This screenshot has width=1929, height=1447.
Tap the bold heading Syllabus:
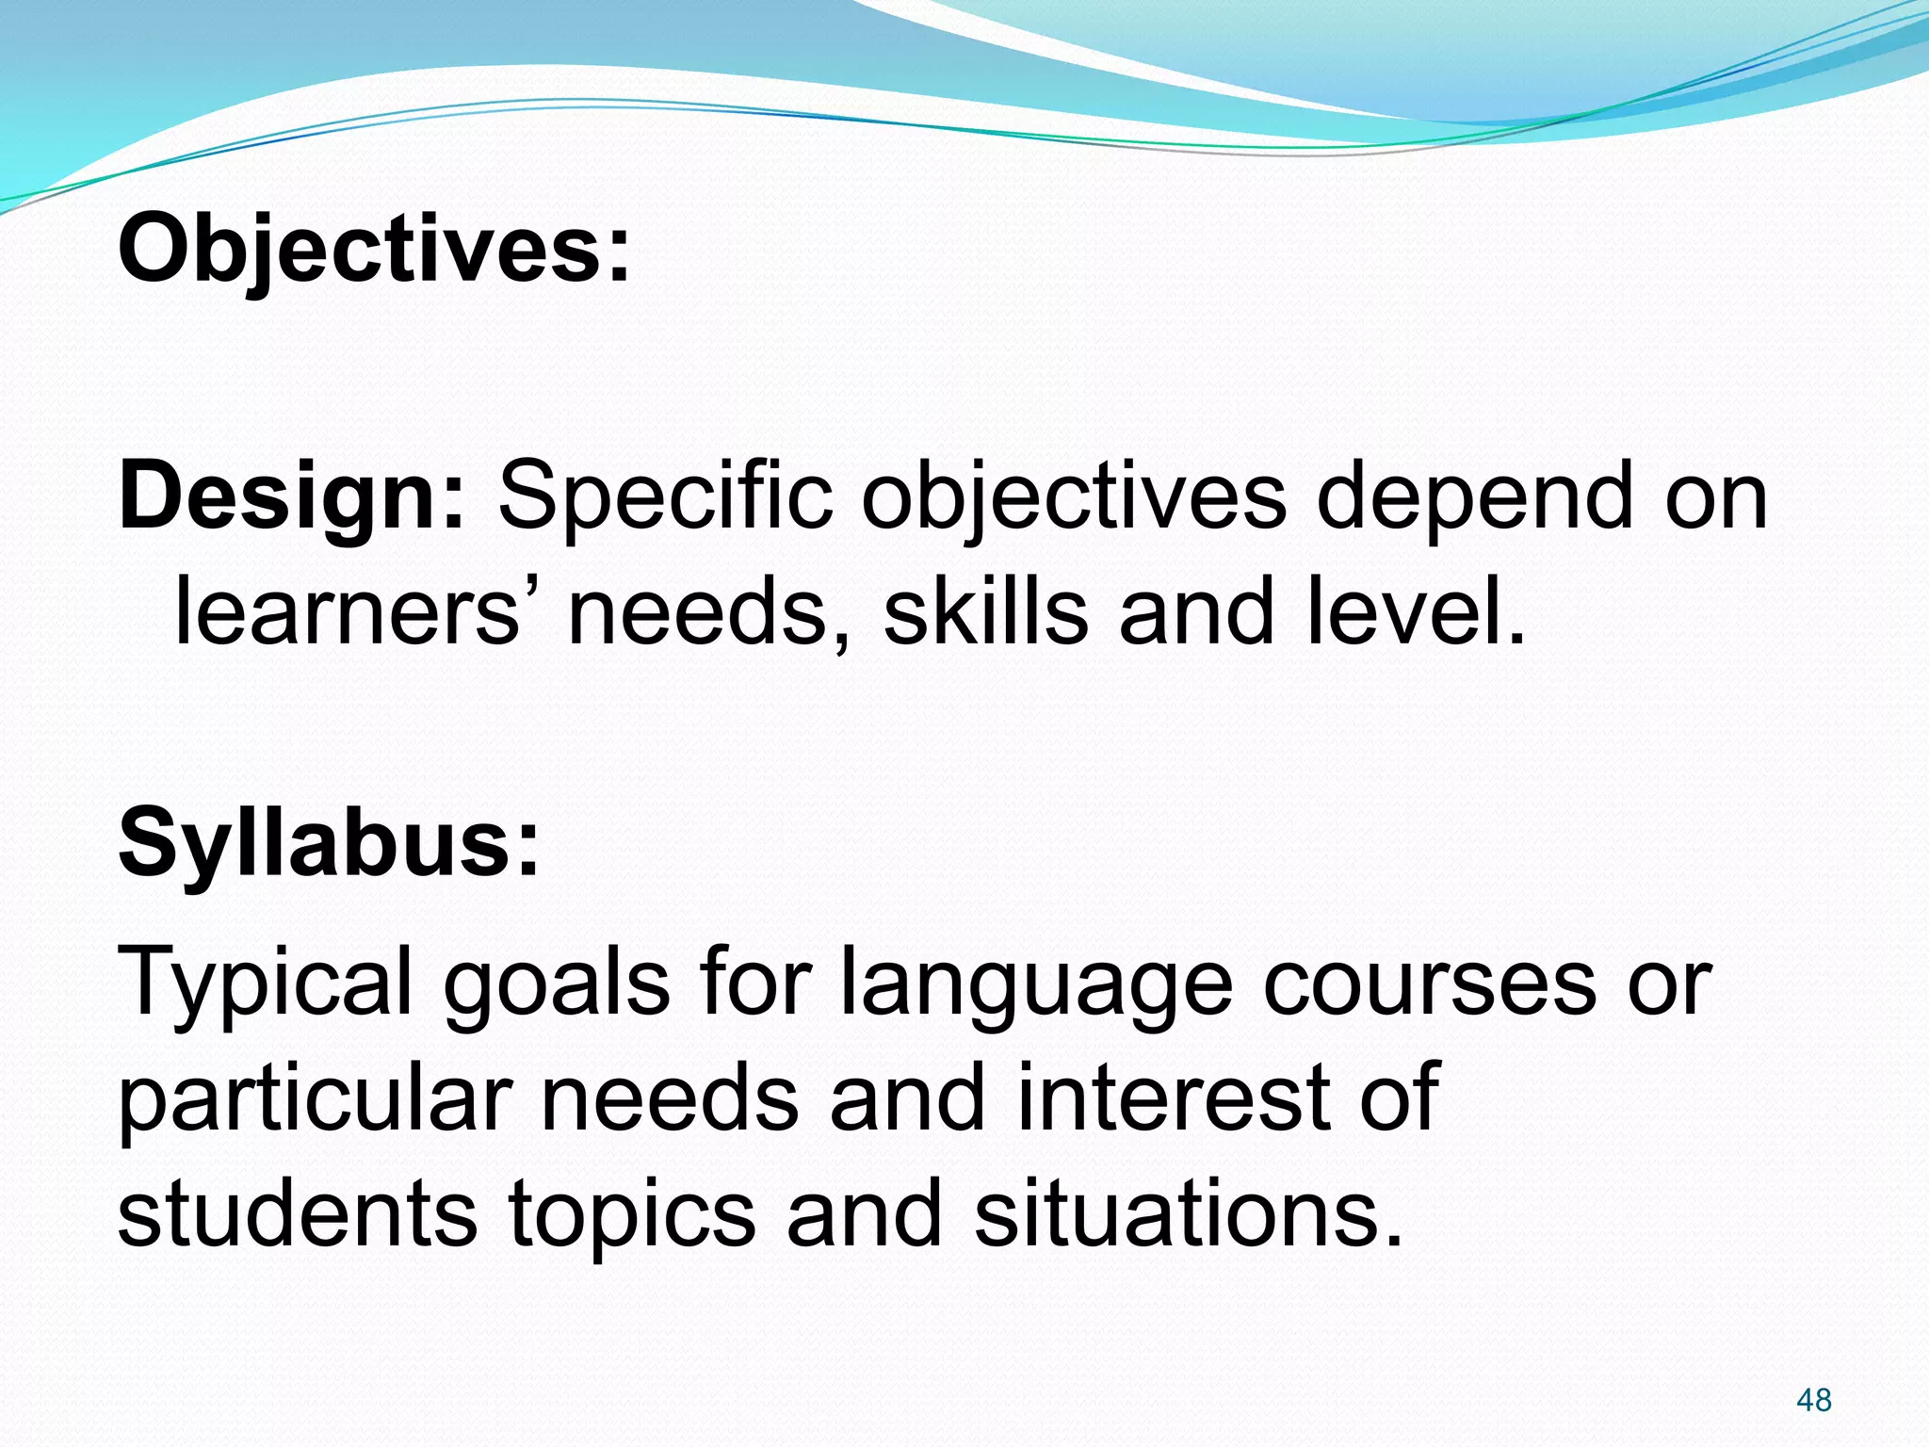point(329,842)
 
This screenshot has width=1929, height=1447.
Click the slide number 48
point(1813,1400)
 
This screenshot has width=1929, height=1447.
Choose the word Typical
point(265,984)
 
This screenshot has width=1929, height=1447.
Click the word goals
point(556,984)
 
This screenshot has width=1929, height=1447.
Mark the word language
point(1034,984)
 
